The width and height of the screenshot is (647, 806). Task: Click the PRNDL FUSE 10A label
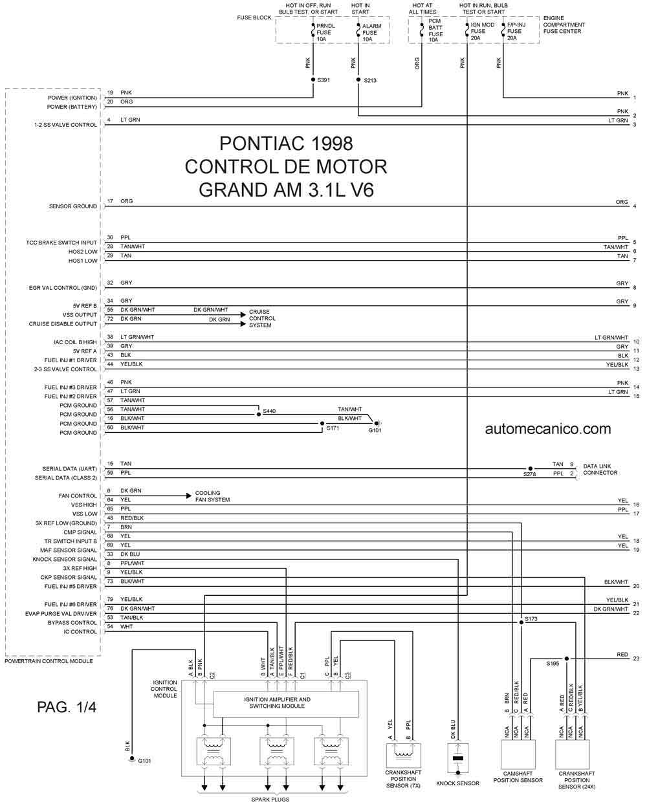[325, 32]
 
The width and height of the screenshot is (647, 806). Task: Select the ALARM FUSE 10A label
[371, 32]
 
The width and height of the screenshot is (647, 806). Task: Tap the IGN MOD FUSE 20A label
[482, 32]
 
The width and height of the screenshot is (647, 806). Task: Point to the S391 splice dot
[313, 80]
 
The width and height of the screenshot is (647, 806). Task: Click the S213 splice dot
[358, 80]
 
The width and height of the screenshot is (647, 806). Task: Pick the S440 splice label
[269, 411]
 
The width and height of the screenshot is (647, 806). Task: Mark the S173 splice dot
[521, 622]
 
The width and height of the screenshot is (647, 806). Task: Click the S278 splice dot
[530, 468]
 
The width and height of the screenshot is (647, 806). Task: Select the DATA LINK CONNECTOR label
[600, 469]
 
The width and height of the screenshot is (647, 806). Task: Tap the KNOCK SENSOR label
[457, 783]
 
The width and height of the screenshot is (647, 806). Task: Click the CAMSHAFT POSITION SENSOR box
[518, 754]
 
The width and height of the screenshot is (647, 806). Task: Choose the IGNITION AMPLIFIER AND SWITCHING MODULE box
[286, 704]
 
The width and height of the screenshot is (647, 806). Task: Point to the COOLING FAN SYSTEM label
[212, 496]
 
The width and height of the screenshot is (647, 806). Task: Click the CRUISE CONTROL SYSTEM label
[262, 318]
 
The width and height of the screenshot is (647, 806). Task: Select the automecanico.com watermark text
[548, 429]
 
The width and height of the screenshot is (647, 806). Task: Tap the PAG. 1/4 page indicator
[67, 707]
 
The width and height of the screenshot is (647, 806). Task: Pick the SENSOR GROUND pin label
[72, 206]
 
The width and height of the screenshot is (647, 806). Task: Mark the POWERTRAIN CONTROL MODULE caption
[49, 661]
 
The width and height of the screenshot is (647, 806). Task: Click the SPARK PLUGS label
[270, 800]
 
